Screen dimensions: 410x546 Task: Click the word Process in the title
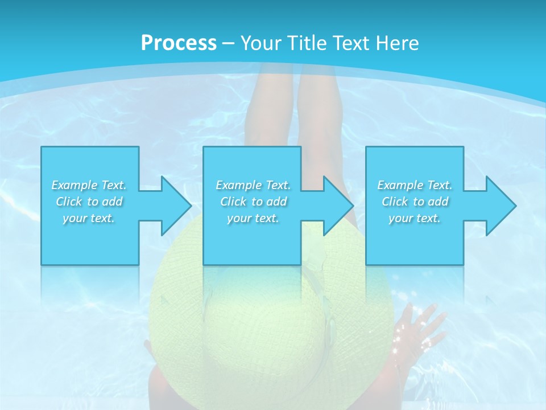click(x=179, y=43)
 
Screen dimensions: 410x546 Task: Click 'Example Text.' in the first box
click(x=89, y=185)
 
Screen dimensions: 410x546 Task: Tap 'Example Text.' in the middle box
click(x=253, y=185)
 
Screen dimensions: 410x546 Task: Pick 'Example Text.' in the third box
click(x=415, y=185)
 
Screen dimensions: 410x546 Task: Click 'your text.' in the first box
click(x=89, y=218)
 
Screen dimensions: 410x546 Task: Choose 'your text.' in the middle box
click(x=253, y=218)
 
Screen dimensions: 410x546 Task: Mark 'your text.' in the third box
click(x=415, y=218)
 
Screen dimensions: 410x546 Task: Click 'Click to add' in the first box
click(x=89, y=202)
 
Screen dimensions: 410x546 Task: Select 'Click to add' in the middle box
click(x=253, y=202)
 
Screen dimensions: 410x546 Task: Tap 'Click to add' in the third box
click(x=415, y=202)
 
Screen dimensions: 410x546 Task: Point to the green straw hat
click(x=267, y=319)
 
